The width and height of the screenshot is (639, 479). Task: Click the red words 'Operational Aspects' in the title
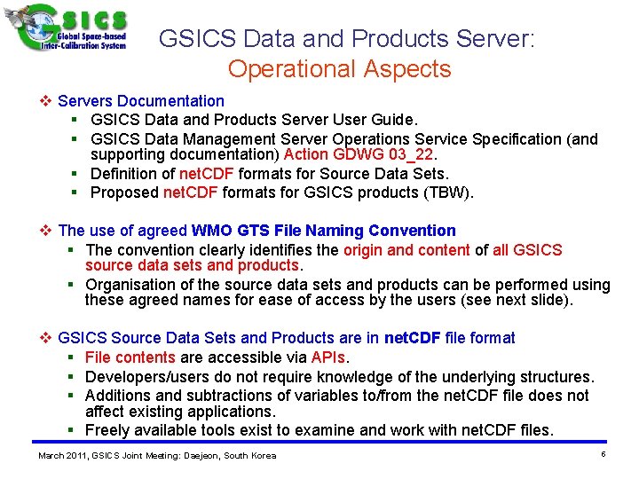click(339, 68)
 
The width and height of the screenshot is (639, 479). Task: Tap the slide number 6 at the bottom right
click(603, 454)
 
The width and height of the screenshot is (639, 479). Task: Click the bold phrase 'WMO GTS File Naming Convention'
click(323, 231)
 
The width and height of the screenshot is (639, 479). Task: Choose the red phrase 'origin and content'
click(406, 249)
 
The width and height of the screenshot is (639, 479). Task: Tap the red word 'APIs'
click(328, 357)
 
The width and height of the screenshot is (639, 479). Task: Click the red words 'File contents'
click(130, 357)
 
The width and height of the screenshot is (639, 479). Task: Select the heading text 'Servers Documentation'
click(141, 101)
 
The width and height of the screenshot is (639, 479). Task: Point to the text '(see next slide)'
click(517, 300)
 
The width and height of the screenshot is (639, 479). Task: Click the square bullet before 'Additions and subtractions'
click(71, 396)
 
